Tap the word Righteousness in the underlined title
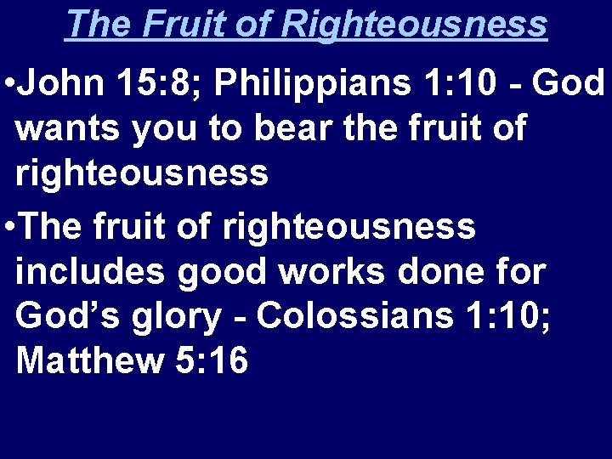coord(415,24)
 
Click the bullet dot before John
coord(8,85)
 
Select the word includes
coord(91,272)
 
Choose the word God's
coord(65,316)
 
